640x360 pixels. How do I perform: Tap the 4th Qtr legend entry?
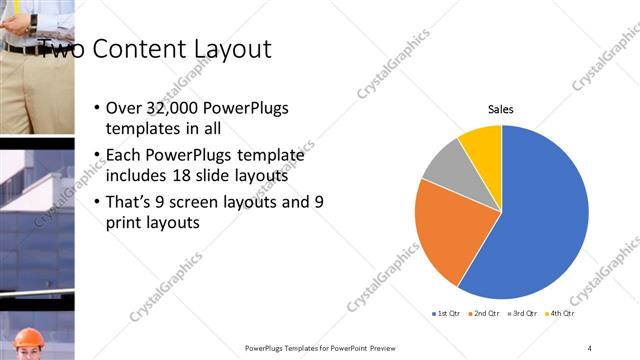561,314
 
